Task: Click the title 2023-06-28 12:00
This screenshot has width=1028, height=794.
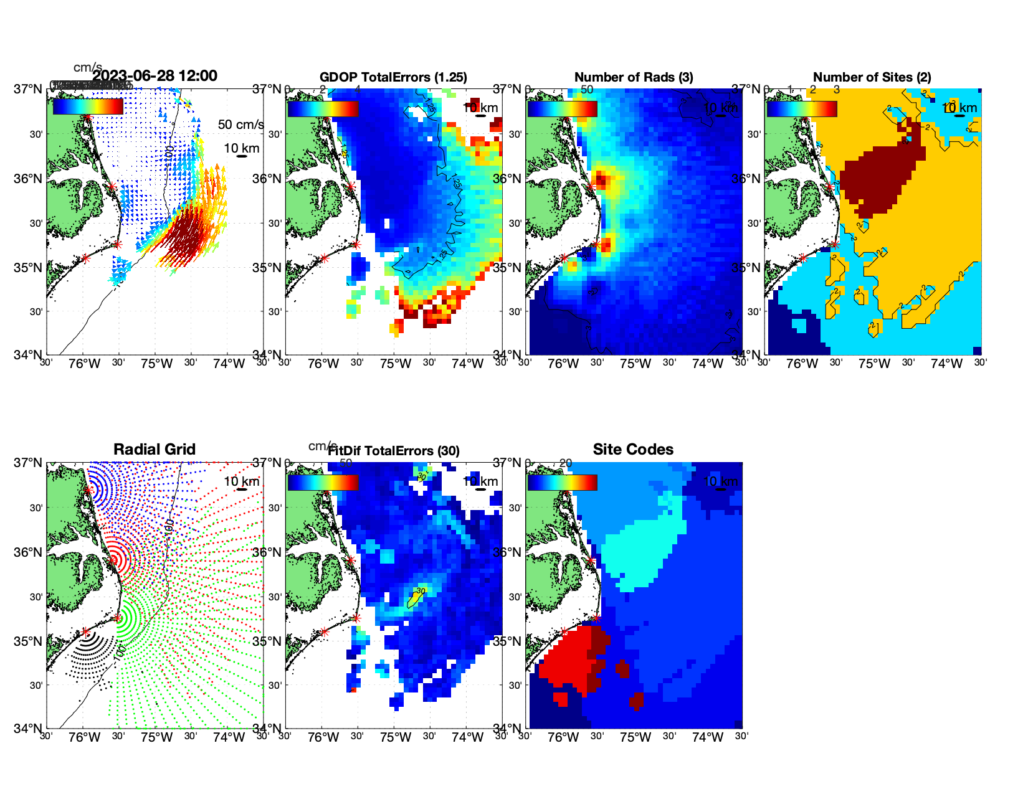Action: [x=155, y=76]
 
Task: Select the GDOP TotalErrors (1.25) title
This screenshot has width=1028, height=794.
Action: [x=393, y=77]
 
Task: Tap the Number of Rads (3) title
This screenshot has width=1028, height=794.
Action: [x=633, y=77]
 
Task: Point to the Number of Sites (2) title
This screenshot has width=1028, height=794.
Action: [x=872, y=77]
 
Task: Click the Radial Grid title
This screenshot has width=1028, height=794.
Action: [x=155, y=450]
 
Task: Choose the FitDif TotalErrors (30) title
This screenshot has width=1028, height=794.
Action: [x=393, y=451]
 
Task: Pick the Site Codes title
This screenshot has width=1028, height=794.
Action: [x=633, y=450]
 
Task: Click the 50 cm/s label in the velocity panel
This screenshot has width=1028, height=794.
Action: [x=240, y=125]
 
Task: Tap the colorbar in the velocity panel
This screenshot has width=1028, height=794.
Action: [x=88, y=106]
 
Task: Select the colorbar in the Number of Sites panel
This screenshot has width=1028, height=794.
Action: [x=802, y=109]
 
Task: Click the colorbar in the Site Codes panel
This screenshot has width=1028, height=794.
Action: [x=563, y=483]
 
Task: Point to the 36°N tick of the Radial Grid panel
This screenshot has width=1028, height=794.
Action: [x=29, y=552]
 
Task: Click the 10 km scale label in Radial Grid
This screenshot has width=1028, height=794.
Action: [x=241, y=481]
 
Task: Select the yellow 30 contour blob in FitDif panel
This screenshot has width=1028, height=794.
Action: [x=415, y=598]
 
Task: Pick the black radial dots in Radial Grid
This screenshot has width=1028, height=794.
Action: [x=87, y=654]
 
